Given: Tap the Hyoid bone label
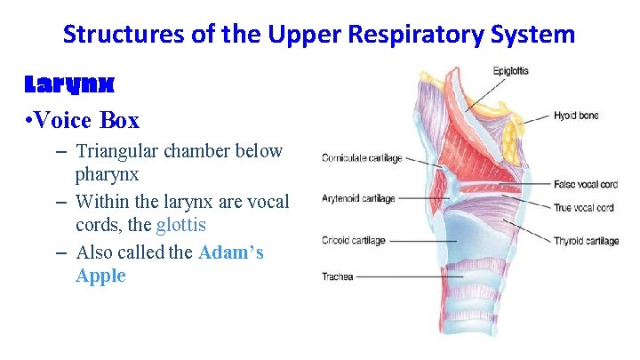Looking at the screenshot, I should [x=576, y=116].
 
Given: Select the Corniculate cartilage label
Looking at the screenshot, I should [x=362, y=159].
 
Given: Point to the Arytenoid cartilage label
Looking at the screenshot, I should [x=359, y=199].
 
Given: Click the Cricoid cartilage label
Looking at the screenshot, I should [x=354, y=240].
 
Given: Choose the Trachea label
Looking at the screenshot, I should [x=337, y=276].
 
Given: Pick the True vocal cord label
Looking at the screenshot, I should [x=583, y=208].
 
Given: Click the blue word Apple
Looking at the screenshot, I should [x=100, y=276].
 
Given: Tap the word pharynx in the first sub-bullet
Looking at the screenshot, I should [x=107, y=174].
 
